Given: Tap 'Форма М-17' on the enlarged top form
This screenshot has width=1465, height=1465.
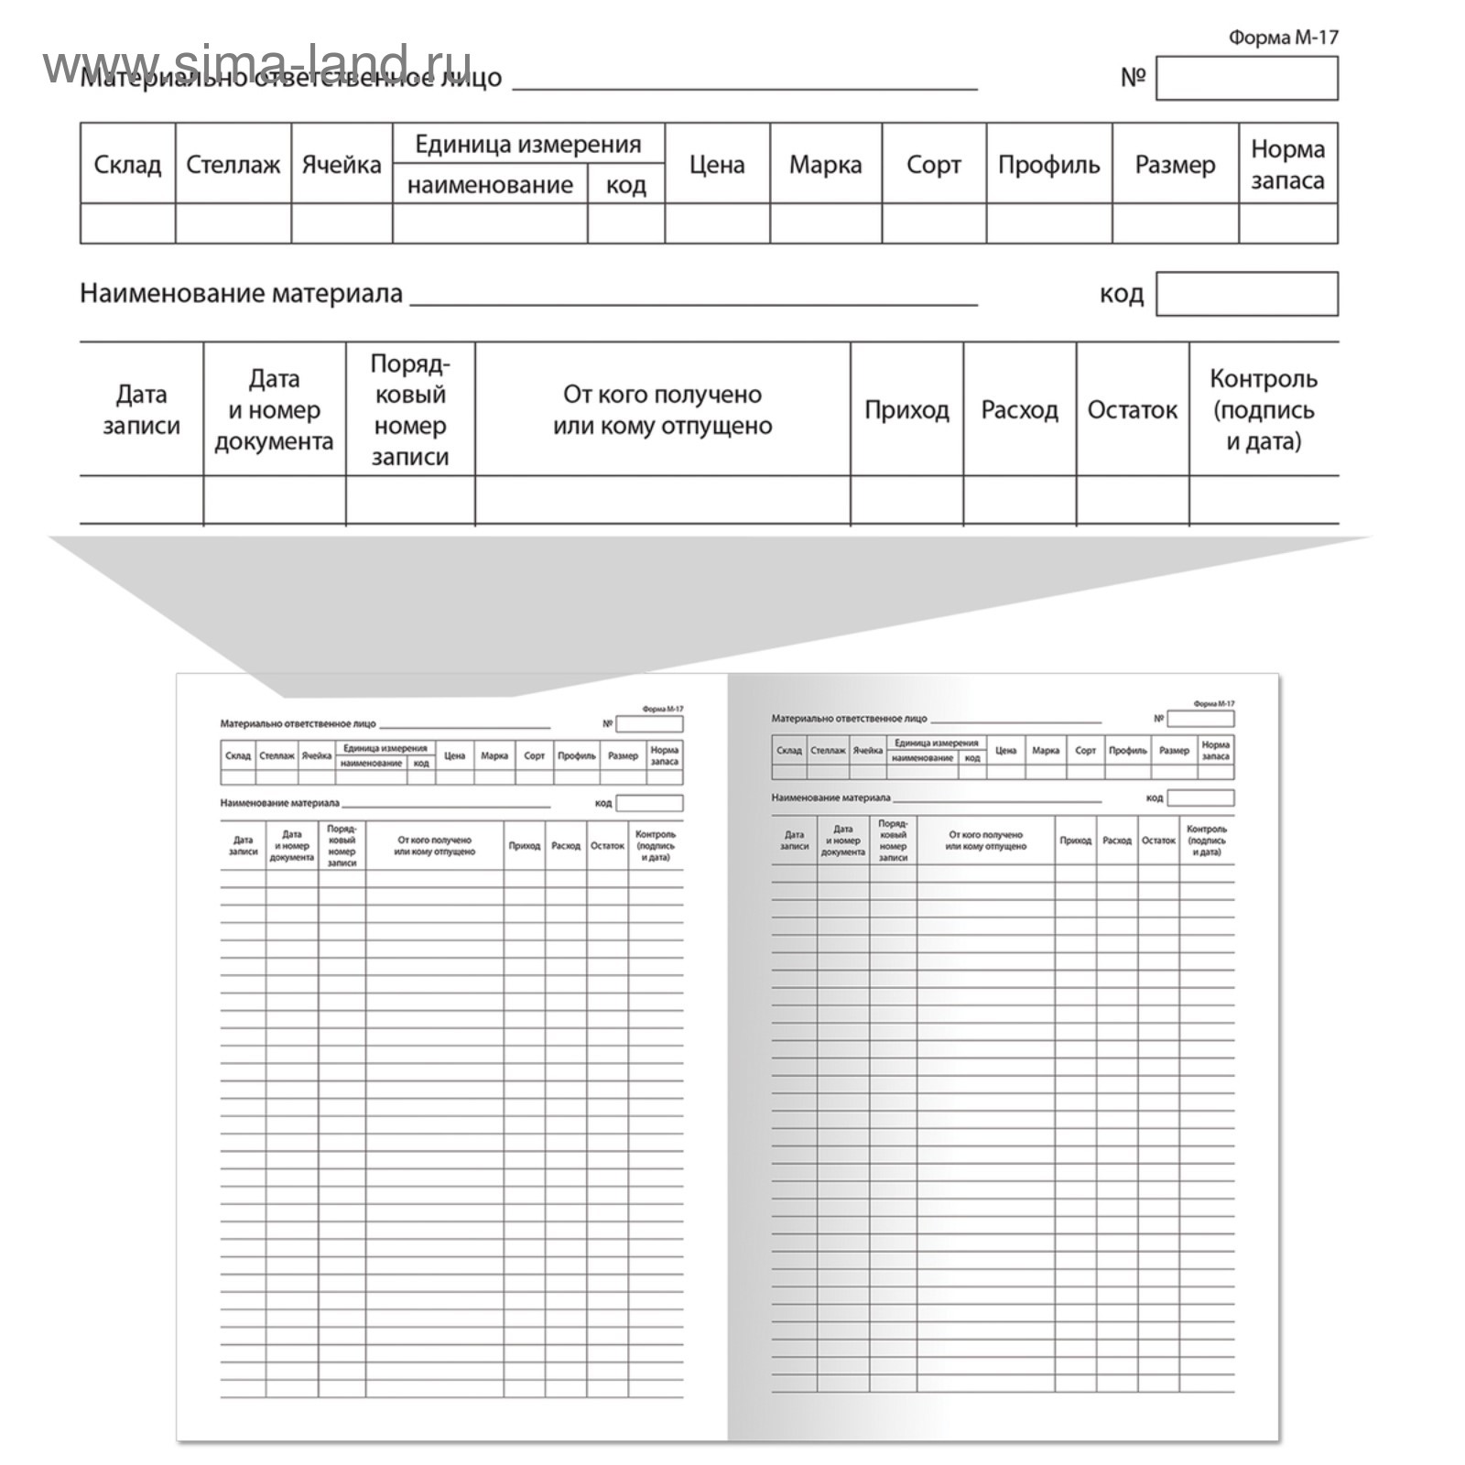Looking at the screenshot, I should [1283, 38].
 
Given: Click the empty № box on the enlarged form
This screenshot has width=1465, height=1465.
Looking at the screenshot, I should [1246, 78].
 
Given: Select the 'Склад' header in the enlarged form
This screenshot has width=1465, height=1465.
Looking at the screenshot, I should [127, 165].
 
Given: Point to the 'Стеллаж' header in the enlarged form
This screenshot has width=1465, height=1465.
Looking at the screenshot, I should [233, 165].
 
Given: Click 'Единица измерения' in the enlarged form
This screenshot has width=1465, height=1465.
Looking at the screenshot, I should [527, 144].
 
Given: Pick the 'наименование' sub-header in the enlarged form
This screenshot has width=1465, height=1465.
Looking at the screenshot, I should [490, 185].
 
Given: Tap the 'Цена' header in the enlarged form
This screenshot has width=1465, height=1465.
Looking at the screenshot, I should [716, 165].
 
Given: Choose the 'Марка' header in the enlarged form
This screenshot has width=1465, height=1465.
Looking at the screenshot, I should [825, 165].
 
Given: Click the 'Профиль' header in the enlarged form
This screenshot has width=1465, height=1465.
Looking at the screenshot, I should [1048, 165].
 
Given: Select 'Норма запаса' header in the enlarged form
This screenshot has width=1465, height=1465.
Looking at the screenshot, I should [1287, 165].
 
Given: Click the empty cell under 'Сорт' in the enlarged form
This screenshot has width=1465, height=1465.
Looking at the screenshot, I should [933, 223].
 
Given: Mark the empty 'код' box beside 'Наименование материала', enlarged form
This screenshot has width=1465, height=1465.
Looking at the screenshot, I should [1246, 294].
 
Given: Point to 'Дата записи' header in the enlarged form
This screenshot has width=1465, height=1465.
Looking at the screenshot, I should [141, 409].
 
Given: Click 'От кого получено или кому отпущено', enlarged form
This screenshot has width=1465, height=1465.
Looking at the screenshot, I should [662, 409].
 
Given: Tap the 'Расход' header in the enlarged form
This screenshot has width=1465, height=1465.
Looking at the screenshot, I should [1019, 409].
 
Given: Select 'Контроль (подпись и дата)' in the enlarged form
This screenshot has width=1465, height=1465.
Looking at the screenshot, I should [1263, 409].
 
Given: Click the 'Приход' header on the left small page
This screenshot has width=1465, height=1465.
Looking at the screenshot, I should [524, 846].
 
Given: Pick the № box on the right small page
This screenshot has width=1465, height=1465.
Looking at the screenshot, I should [1200, 719].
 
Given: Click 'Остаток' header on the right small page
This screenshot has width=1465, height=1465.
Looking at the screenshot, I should [1158, 841].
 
